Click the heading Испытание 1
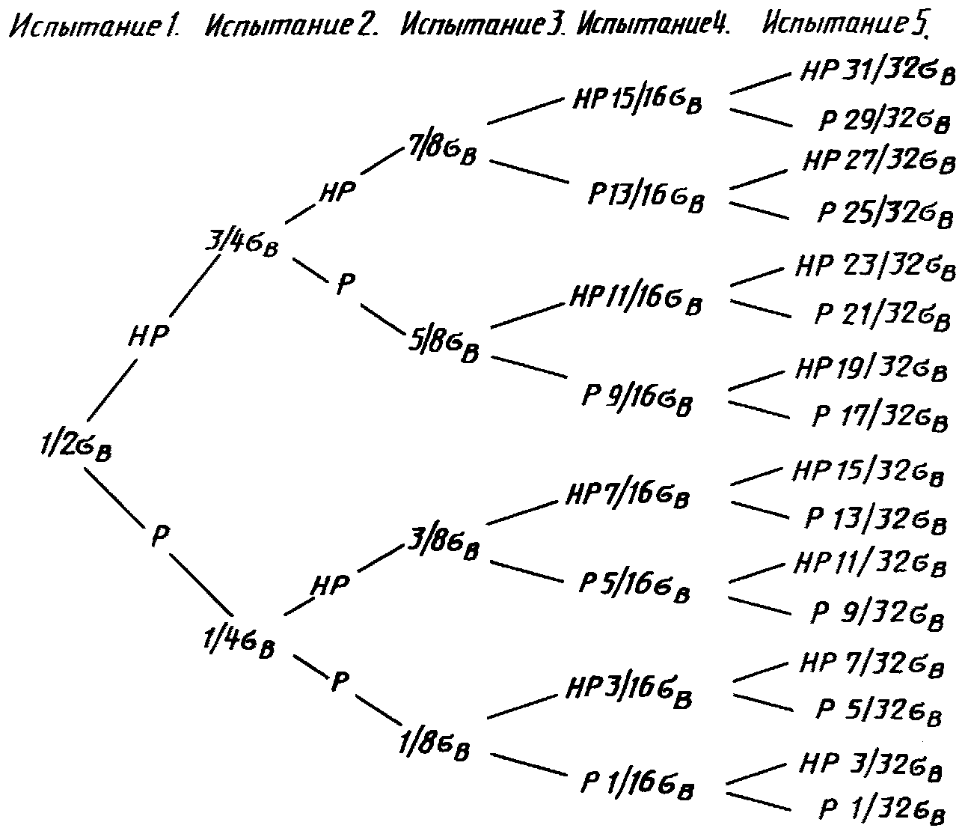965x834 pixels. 95,26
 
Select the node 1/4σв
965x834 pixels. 239,643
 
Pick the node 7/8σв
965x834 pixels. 441,150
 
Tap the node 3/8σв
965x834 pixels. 444,545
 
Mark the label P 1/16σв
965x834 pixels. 637,785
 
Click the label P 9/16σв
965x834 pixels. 637,400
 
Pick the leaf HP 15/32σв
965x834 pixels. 868,472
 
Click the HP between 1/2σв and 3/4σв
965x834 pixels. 148,335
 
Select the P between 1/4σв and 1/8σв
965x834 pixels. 340,681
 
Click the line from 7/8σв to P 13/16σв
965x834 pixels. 526,171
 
